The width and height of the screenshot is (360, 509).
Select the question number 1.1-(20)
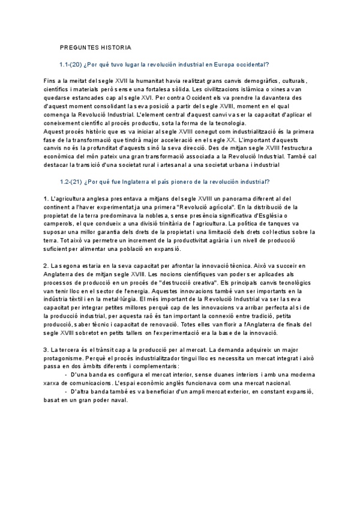click(x=71, y=64)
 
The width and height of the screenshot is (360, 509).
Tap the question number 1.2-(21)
click(x=71, y=181)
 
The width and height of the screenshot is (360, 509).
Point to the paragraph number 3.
click(x=46, y=357)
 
